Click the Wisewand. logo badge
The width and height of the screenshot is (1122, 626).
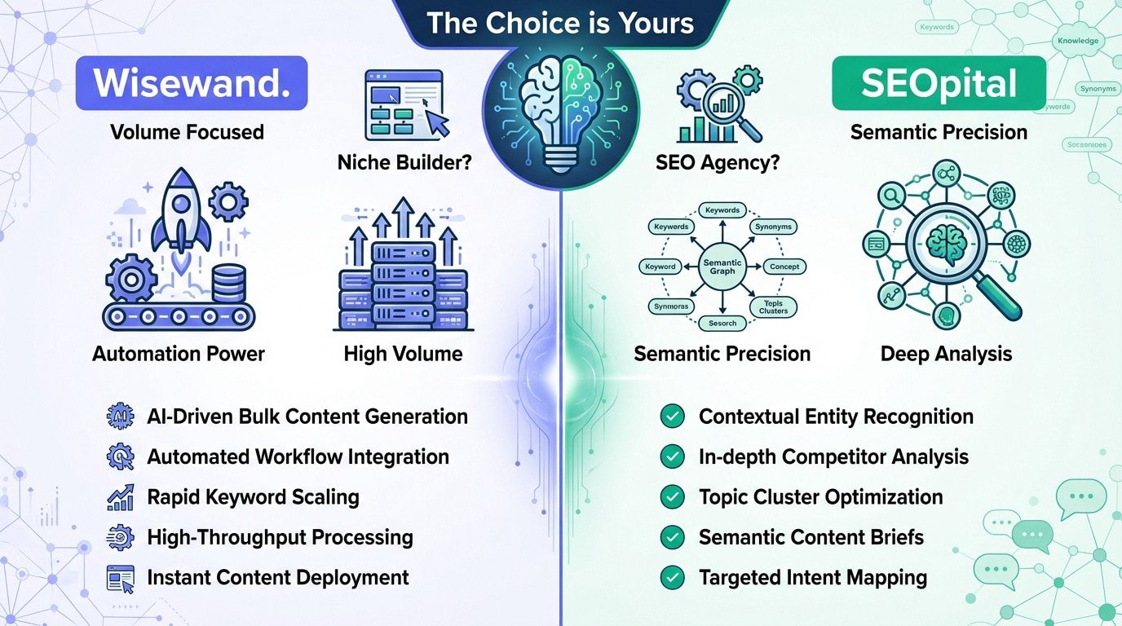[191, 83]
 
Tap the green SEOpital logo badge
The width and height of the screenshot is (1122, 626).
[939, 83]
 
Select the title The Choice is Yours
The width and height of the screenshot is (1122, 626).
[560, 22]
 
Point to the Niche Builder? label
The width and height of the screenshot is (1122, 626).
[405, 163]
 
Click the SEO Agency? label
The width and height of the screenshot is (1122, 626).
[718, 163]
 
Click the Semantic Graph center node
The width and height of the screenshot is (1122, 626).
[722, 267]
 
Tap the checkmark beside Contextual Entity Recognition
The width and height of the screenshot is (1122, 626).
[672, 417]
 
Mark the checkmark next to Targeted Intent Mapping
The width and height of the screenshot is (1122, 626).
[672, 578]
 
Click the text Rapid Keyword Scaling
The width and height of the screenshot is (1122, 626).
[253, 497]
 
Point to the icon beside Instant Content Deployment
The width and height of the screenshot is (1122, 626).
[120, 578]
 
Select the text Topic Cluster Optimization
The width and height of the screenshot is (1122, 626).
[820, 497]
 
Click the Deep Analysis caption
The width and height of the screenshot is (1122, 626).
[946, 354]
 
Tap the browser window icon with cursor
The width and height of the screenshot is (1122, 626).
[404, 104]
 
